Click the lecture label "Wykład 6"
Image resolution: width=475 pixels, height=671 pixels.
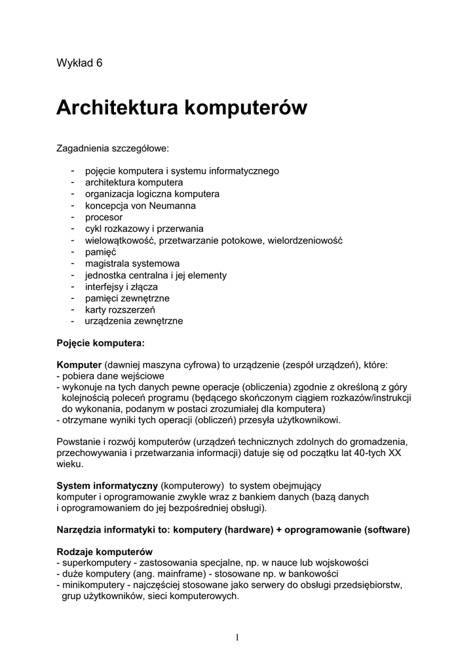click(79, 63)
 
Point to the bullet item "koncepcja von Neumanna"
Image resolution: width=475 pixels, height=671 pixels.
click(140, 206)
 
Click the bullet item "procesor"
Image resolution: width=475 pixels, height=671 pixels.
click(104, 217)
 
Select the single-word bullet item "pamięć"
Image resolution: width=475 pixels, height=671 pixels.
click(100, 252)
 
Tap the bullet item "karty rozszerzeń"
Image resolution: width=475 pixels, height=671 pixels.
click(120, 309)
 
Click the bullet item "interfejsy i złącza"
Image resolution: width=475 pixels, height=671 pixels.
click(121, 286)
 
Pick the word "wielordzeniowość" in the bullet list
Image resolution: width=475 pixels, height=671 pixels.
click(305, 240)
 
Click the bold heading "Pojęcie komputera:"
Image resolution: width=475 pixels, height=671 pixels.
click(100, 343)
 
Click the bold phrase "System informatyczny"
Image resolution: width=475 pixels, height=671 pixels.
click(107, 486)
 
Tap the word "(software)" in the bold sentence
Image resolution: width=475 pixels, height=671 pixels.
click(387, 530)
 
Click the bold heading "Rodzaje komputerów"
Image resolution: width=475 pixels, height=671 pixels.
click(105, 551)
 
